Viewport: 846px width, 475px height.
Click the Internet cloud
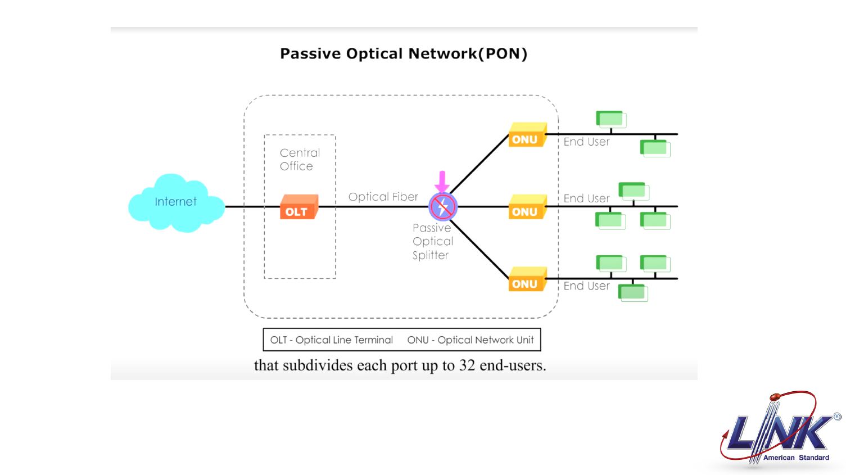click(175, 203)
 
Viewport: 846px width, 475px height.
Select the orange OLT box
click(298, 207)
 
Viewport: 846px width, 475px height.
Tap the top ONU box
click(527, 135)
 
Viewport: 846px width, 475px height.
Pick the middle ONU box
click(527, 207)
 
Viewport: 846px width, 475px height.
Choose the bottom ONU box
click(527, 279)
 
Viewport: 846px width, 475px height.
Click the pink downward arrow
click(442, 182)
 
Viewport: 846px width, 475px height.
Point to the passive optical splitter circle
click(443, 207)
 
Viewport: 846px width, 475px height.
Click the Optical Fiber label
click(383, 197)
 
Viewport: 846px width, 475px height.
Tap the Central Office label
click(299, 159)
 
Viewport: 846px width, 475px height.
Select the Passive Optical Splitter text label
click(432, 241)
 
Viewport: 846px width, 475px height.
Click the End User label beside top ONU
click(586, 142)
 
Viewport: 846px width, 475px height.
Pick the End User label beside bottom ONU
click(586, 286)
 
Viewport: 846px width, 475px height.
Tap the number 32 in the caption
click(467, 365)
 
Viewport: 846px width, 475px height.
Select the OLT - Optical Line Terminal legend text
click(331, 340)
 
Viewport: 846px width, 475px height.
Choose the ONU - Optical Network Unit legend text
click(470, 340)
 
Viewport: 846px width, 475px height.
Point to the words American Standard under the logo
click(796, 458)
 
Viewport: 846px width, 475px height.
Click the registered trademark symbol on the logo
click(837, 417)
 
